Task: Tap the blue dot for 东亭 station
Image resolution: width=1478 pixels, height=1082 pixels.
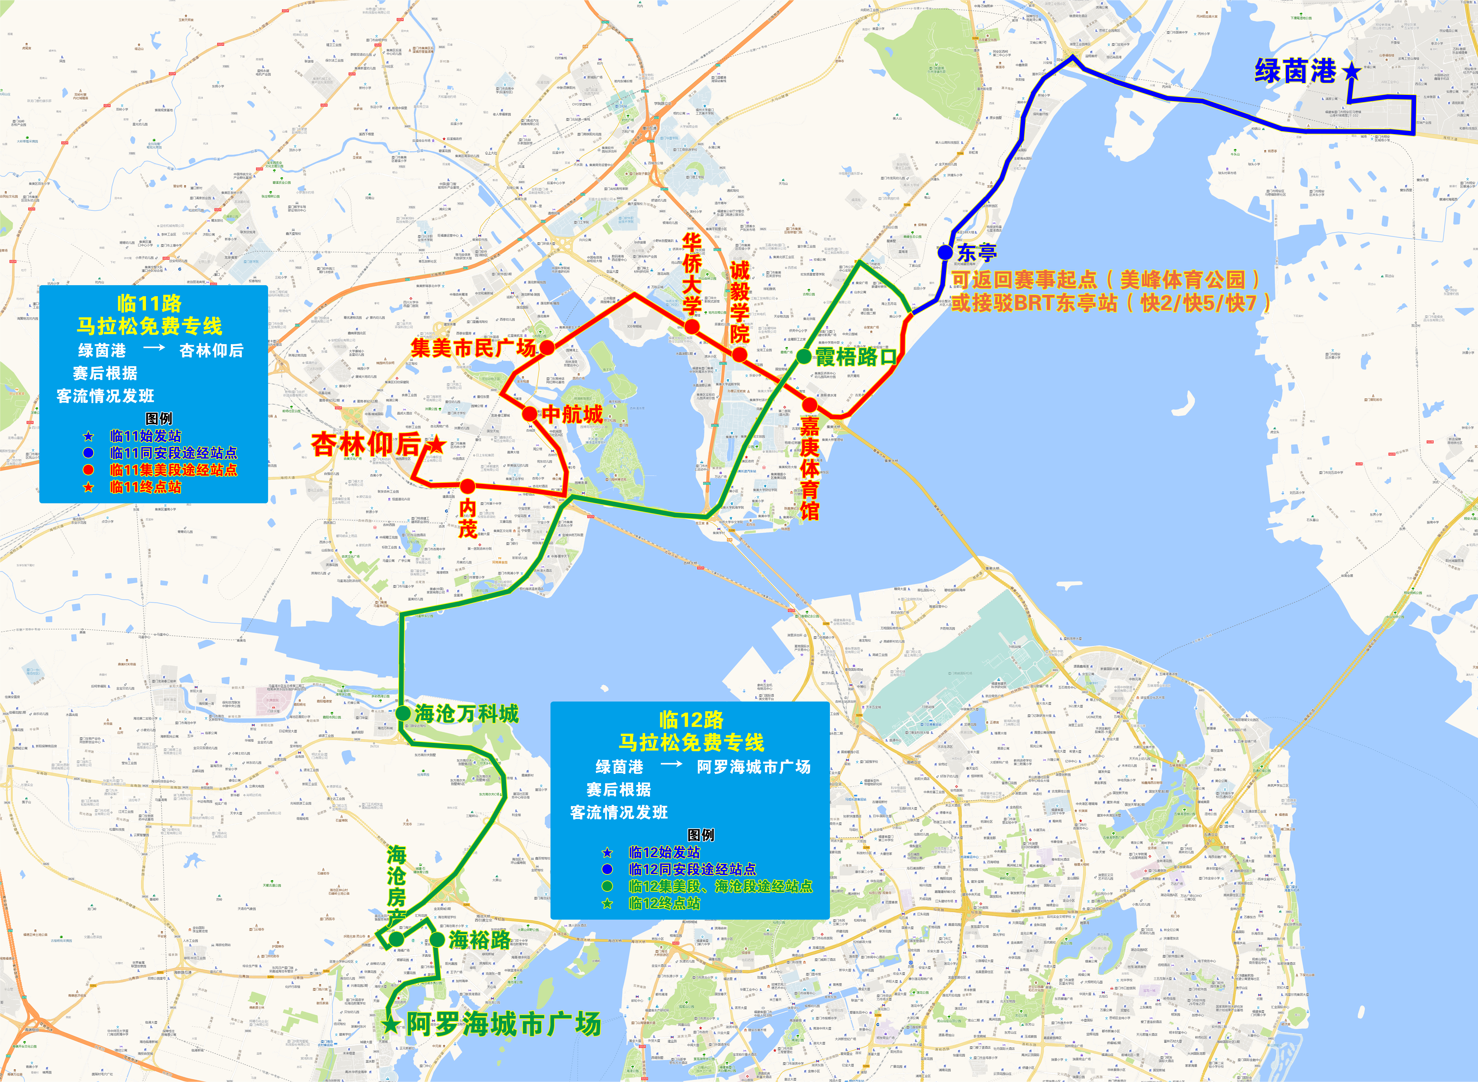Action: (x=945, y=252)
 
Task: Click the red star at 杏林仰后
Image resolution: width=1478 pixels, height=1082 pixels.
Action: (x=436, y=445)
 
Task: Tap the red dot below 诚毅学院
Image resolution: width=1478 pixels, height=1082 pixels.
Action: (x=739, y=355)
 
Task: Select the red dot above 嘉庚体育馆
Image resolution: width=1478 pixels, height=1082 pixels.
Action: (x=810, y=405)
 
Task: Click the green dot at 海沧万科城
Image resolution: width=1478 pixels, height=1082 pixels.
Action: (x=403, y=713)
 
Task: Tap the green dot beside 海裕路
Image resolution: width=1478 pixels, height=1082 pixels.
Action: (x=437, y=940)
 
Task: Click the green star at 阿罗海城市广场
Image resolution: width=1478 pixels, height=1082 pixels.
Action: (x=391, y=1024)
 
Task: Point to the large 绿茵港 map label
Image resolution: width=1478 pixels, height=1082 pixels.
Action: (x=1295, y=71)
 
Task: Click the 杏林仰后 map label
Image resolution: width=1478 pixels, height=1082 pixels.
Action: (x=365, y=445)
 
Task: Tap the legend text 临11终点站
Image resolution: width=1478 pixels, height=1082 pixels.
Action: (x=145, y=487)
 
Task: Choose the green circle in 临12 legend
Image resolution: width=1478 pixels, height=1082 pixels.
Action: (x=607, y=886)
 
